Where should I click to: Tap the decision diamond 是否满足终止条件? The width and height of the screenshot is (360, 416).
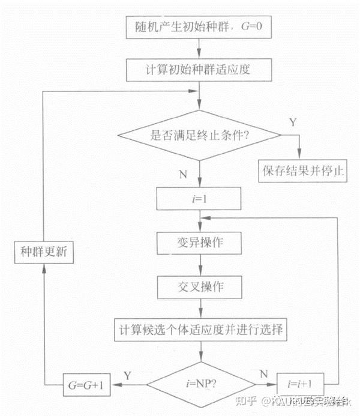[200, 135]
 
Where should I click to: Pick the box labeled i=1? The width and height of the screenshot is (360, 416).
[200, 197]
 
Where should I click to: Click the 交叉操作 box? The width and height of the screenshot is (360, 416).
[200, 286]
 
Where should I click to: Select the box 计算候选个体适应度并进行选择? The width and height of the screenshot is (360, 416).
[200, 329]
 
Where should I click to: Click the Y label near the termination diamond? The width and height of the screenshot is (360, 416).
[292, 122]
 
